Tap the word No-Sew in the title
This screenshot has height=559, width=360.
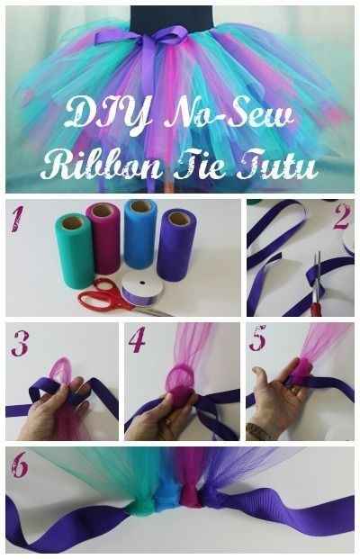[229, 113]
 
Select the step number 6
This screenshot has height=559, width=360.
[19, 464]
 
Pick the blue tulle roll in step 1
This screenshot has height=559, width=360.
[140, 233]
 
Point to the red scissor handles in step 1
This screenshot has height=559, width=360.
[101, 294]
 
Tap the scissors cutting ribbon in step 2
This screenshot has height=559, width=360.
[315, 285]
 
